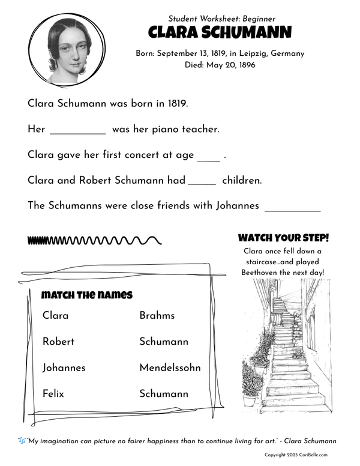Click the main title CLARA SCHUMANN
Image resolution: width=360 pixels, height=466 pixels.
pyautogui.click(x=220, y=32)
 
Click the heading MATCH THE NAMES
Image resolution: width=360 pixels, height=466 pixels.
pyautogui.click(x=87, y=295)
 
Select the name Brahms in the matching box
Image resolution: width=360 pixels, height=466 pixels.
pyautogui.click(x=157, y=315)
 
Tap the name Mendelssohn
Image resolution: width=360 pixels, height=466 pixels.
pyautogui.click(x=170, y=368)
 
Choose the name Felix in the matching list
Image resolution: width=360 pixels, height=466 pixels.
pyautogui.click(x=53, y=394)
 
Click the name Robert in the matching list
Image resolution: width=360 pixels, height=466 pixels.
pyautogui.click(x=59, y=342)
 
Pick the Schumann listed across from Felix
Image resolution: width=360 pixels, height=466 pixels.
pyautogui.click(x=164, y=394)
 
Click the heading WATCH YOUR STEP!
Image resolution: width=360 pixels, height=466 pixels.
pyautogui.click(x=284, y=238)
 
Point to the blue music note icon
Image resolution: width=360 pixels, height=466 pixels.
pyautogui.click(x=22, y=441)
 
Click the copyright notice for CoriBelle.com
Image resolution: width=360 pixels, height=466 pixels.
pyautogui.click(x=300, y=455)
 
